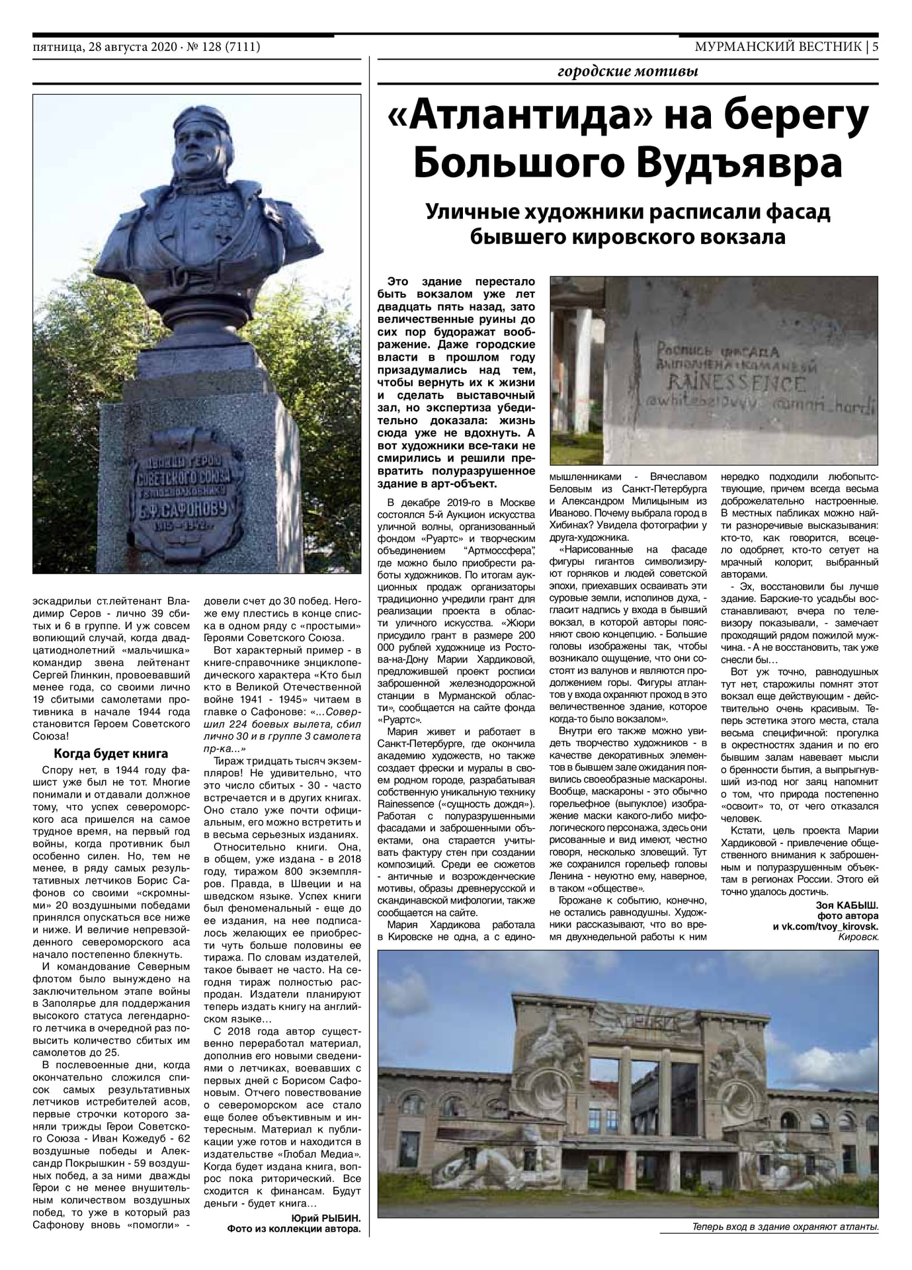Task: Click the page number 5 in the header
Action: [874, 47]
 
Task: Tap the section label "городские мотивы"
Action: [628, 71]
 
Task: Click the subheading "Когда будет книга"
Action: [110, 753]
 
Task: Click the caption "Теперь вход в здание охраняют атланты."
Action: [785, 1227]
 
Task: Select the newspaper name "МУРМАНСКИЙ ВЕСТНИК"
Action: [778, 47]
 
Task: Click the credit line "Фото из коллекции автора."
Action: [294, 1229]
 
